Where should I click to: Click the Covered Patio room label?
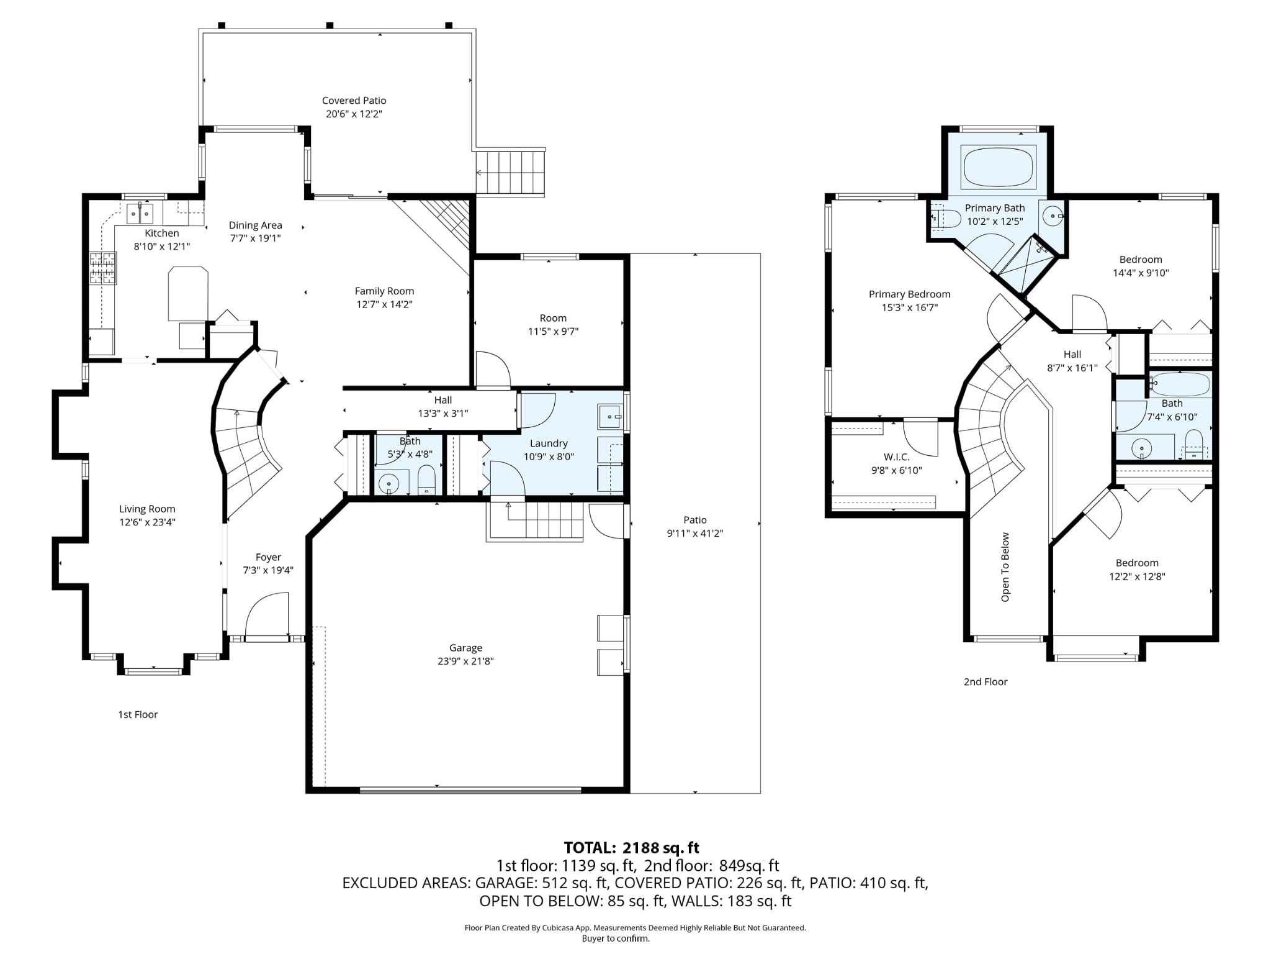click(x=354, y=101)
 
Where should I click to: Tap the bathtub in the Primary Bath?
click(x=998, y=166)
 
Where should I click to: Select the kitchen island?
click(x=188, y=293)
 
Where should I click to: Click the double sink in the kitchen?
click(x=140, y=214)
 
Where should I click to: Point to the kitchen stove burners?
click(x=102, y=268)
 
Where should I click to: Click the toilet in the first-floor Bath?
click(x=426, y=479)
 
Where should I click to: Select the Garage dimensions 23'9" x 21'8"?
click(x=465, y=661)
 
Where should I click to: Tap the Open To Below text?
click(x=1005, y=567)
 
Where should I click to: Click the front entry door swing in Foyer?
click(x=267, y=615)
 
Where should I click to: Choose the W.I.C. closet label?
click(x=896, y=457)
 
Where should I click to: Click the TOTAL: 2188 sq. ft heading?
click(x=631, y=848)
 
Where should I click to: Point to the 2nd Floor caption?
click(x=985, y=682)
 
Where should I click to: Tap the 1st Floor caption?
click(x=138, y=715)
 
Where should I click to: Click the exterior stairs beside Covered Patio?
click(x=510, y=172)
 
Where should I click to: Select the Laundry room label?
click(x=549, y=443)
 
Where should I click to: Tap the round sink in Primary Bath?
click(x=1053, y=216)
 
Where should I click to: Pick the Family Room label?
click(x=384, y=291)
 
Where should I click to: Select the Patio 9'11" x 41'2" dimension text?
click(x=695, y=534)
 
